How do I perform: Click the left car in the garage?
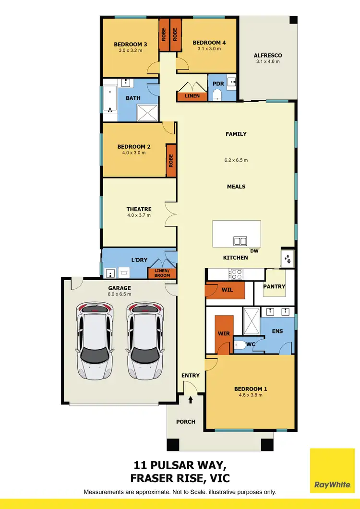pyautogui.click(x=95, y=342)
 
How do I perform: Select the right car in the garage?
pyautogui.click(x=145, y=342)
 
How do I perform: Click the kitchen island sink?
pyautogui.click(x=240, y=241)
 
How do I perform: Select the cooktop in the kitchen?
pyautogui.click(x=237, y=274)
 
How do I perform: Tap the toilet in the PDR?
pyautogui.click(x=217, y=95)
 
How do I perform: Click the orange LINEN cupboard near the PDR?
pyautogui.click(x=192, y=96)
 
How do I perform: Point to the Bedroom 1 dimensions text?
pyautogui.click(x=249, y=395)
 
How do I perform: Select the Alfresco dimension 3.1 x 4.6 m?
pyautogui.click(x=267, y=61)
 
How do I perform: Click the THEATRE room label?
pyautogui.click(x=139, y=209)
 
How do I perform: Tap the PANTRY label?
pyautogui.click(x=274, y=286)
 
